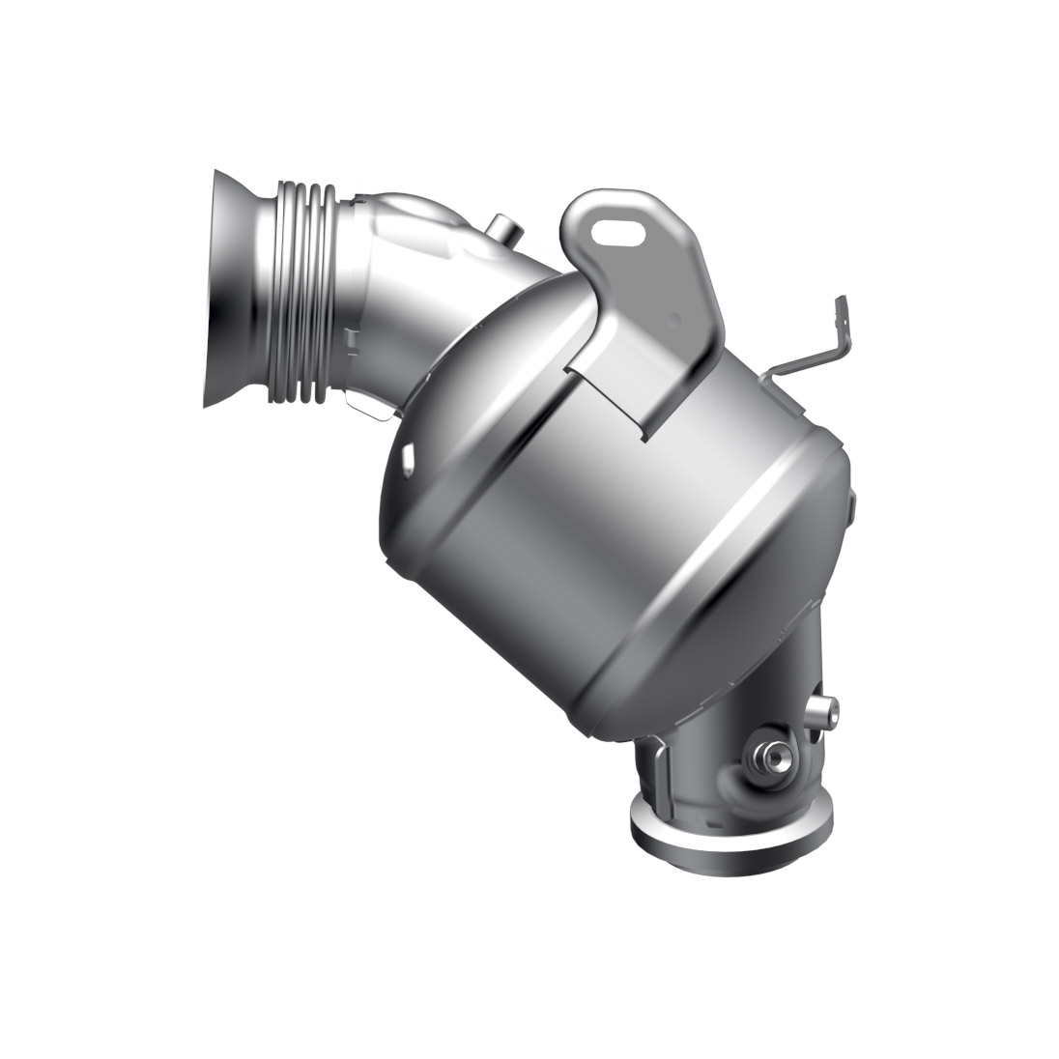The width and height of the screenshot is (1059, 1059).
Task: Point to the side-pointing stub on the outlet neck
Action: click(823, 715)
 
